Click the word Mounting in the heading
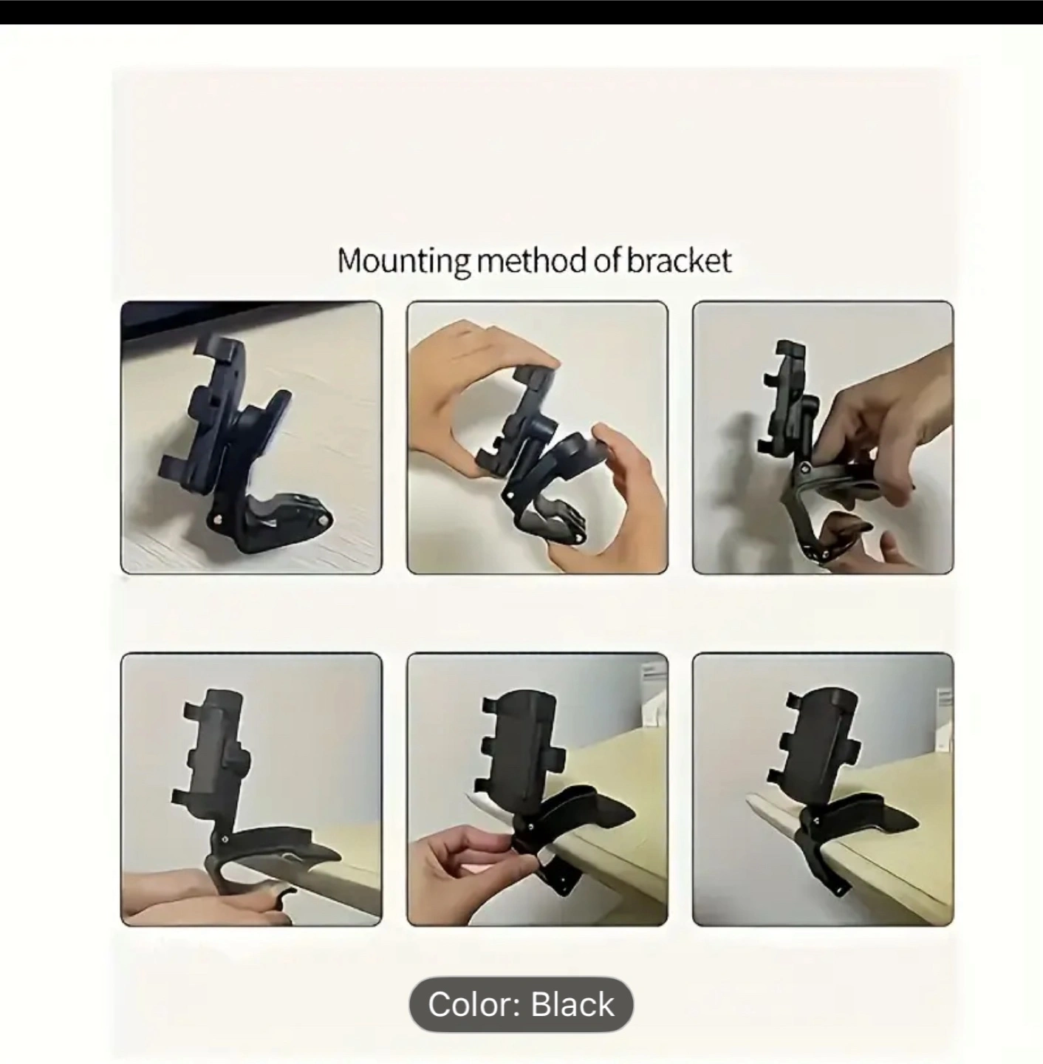pos(403,261)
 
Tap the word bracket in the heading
pos(680,260)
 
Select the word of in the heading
pos(607,260)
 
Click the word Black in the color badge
pos(572,1004)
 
